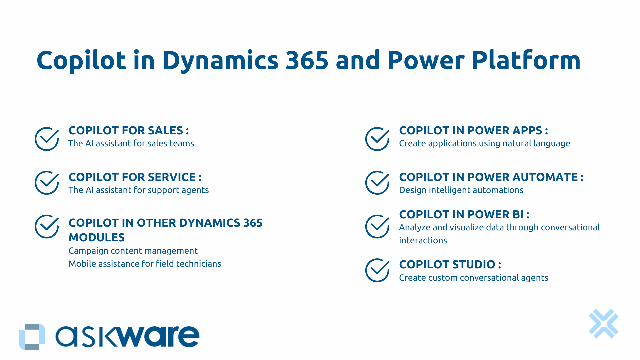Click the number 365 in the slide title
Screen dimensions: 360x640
(307, 60)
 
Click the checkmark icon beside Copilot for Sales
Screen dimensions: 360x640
(47, 139)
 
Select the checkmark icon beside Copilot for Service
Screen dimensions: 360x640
(47, 183)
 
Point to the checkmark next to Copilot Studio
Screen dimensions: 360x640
(377, 270)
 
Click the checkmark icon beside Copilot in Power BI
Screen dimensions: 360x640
(377, 226)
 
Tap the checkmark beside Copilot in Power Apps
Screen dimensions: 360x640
(377, 139)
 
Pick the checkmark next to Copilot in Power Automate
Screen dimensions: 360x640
(377, 183)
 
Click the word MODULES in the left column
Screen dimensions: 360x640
(96, 237)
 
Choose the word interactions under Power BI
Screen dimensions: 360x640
(423, 240)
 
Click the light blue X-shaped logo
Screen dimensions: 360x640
(603, 324)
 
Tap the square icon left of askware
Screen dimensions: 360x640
(32, 337)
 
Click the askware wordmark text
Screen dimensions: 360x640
(127, 337)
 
